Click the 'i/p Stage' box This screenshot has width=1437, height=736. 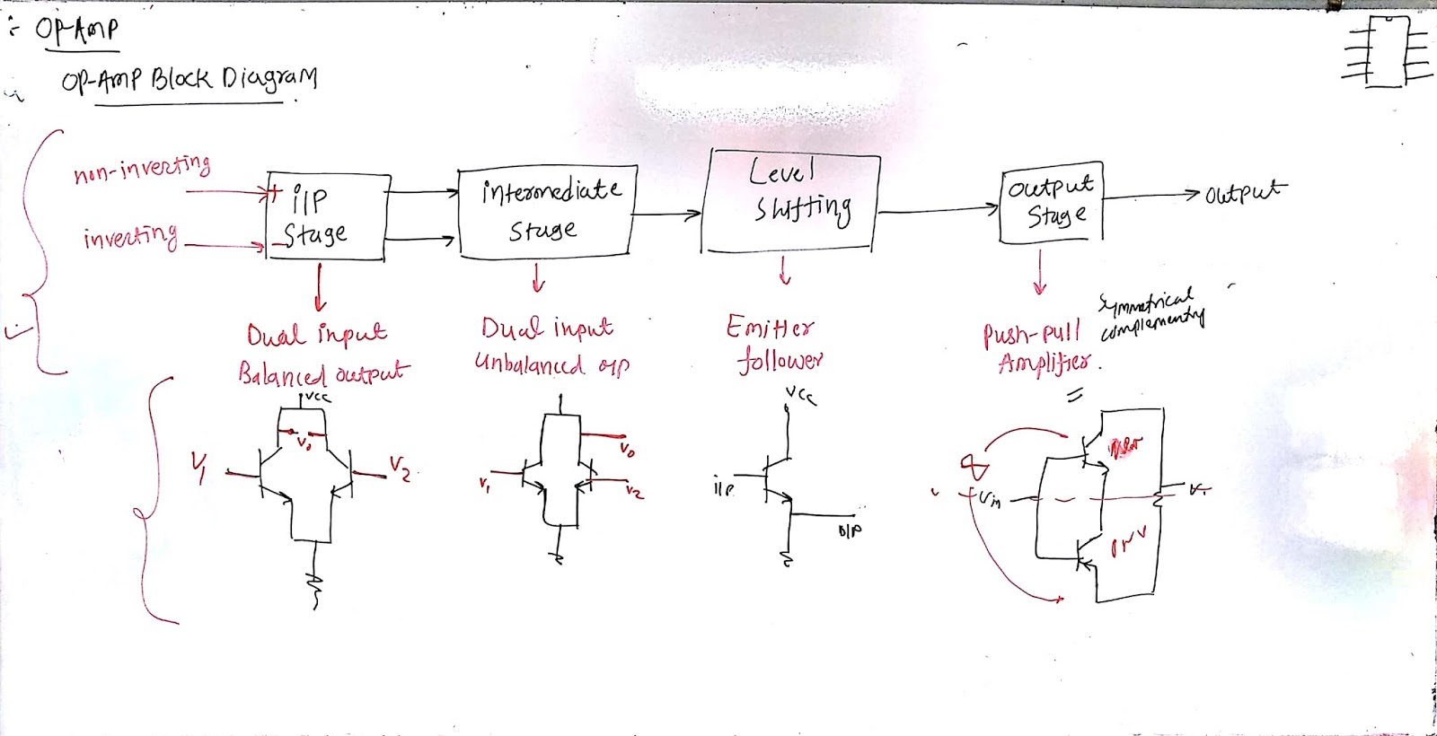pos(328,217)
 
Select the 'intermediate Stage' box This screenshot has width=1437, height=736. pos(547,212)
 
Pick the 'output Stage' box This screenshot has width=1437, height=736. pos(1052,204)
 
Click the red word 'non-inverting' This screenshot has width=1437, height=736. pos(142,168)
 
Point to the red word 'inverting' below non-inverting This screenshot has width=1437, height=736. pos(130,237)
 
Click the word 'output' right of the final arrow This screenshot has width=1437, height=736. pos(1245,192)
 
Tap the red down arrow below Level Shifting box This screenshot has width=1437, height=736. pos(785,269)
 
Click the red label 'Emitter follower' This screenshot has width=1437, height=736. pos(774,343)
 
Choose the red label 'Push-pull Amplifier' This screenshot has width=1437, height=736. pos(1037,348)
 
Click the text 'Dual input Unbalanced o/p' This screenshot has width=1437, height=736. pos(550,346)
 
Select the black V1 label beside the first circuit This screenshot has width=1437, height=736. pos(198,466)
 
